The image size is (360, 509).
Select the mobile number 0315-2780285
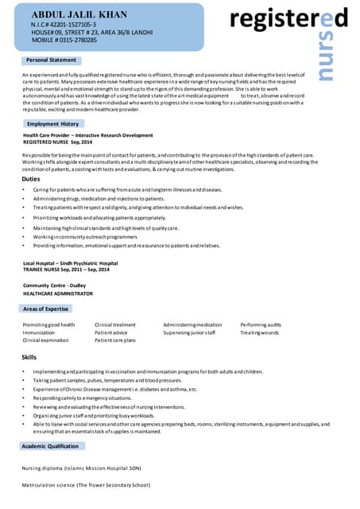point(65,40)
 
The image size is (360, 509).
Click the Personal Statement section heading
point(51,60)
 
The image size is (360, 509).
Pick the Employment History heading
point(52,124)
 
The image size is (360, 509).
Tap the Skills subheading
point(29,358)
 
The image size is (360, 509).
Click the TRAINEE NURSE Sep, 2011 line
point(66,269)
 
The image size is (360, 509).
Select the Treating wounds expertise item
point(259,332)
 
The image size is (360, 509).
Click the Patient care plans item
point(115,340)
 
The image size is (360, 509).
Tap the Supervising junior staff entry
point(189,332)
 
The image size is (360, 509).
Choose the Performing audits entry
point(261,324)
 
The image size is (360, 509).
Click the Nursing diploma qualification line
point(80,468)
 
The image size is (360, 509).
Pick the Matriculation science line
point(85,484)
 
